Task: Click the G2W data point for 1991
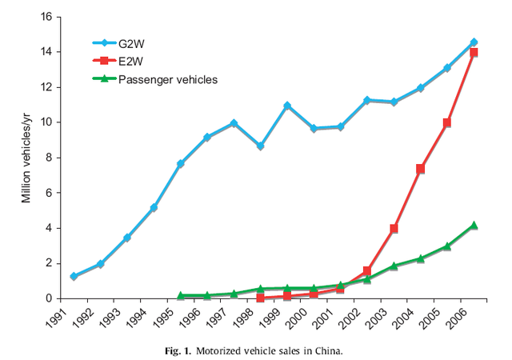pyautogui.click(x=74, y=276)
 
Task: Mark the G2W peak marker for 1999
pyautogui.click(x=287, y=106)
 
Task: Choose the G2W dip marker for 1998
pyautogui.click(x=261, y=146)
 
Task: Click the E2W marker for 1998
pyautogui.click(x=261, y=298)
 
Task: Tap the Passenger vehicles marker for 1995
pyautogui.click(x=181, y=295)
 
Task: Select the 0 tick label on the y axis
pyautogui.click(x=49, y=298)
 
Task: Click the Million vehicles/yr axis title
pyautogui.click(x=26, y=158)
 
